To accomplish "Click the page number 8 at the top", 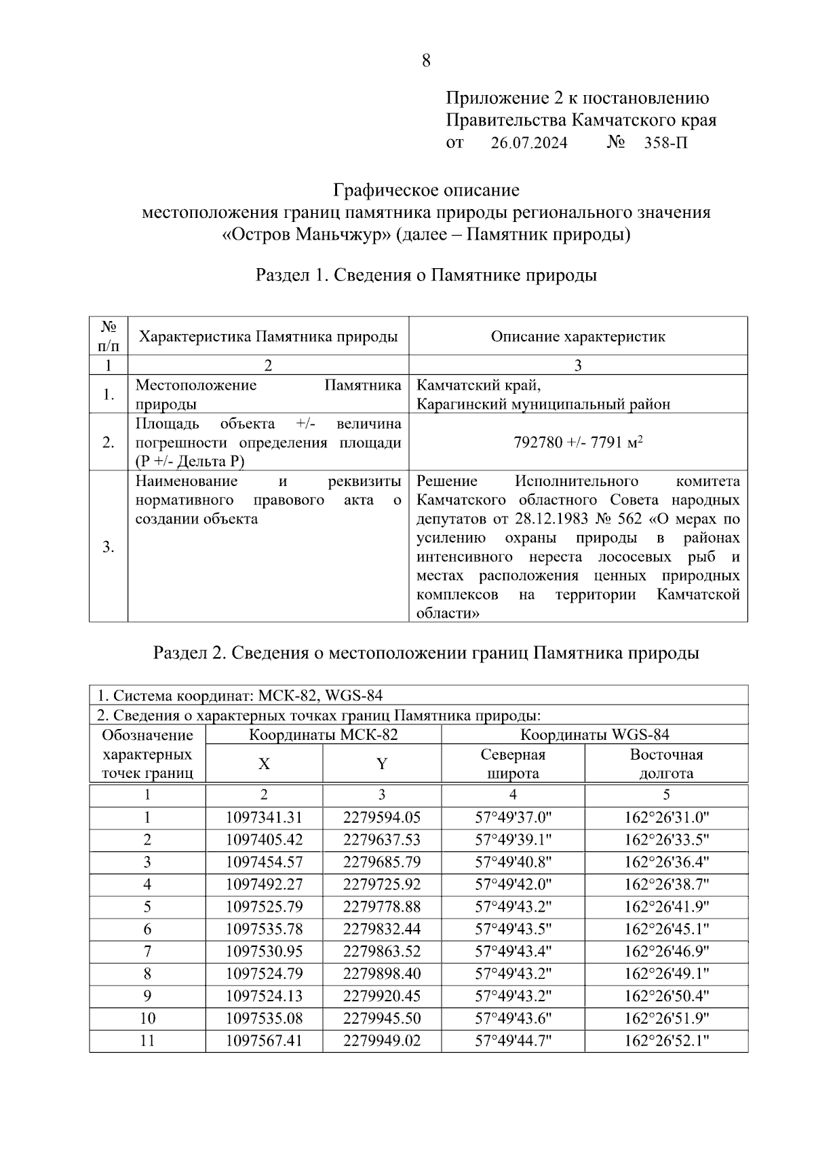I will [425, 61].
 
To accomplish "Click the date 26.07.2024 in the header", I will [529, 143].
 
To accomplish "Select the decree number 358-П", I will [665, 143].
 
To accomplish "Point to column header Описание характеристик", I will [578, 337].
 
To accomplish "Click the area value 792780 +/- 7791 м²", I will [578, 443].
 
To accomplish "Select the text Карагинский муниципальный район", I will [543, 405].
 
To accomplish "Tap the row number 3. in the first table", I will [109, 547].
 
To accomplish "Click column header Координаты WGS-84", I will [594, 735].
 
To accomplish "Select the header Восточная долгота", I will [666, 764].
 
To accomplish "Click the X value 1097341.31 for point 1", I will [264, 818].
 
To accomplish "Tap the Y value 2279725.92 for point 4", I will [382, 885].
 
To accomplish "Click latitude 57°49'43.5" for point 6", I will [513, 929].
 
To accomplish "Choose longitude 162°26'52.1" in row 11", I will [666, 1041].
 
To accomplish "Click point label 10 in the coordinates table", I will [147, 1018].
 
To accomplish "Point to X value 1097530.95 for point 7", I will [264, 952].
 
